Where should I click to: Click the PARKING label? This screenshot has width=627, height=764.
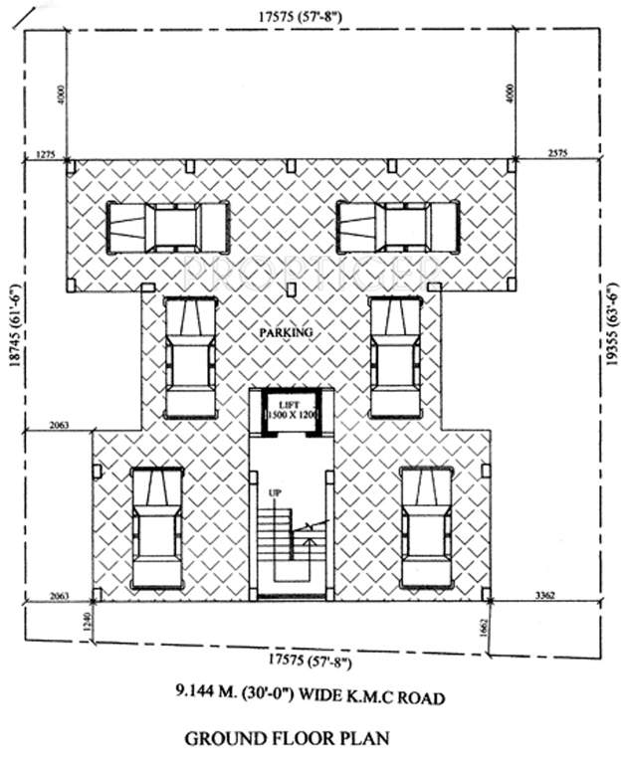point(286,331)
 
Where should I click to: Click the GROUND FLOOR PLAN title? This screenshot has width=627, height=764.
point(286,738)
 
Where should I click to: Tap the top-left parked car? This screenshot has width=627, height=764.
point(167,227)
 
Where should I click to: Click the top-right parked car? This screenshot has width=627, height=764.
point(397,227)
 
